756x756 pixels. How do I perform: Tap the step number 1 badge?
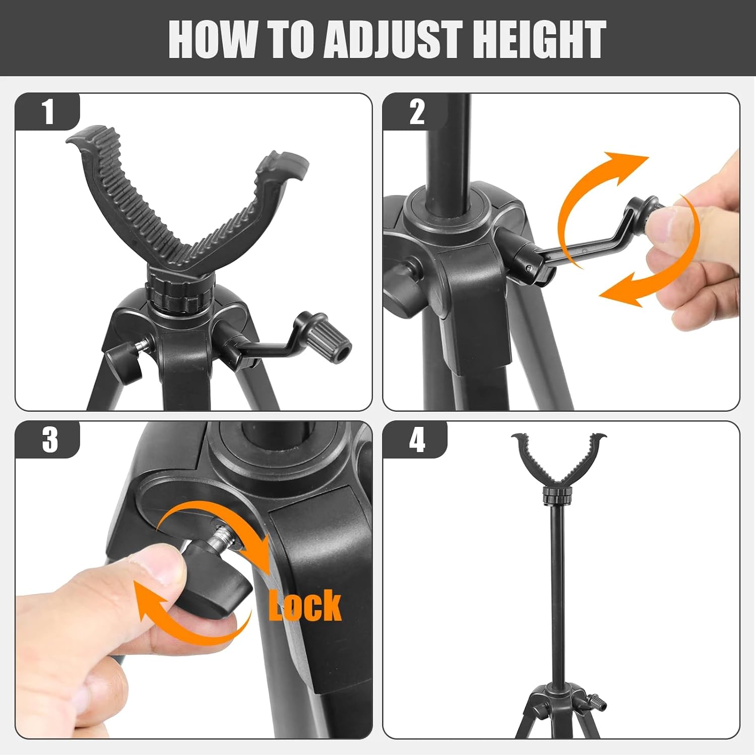[x=48, y=112]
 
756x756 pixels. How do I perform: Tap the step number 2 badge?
[x=416, y=112]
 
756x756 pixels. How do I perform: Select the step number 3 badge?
[x=49, y=439]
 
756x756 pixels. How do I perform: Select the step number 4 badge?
[x=416, y=439]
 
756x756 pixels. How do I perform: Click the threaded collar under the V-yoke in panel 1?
[x=174, y=295]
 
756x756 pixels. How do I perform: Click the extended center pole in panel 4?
[x=558, y=590]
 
